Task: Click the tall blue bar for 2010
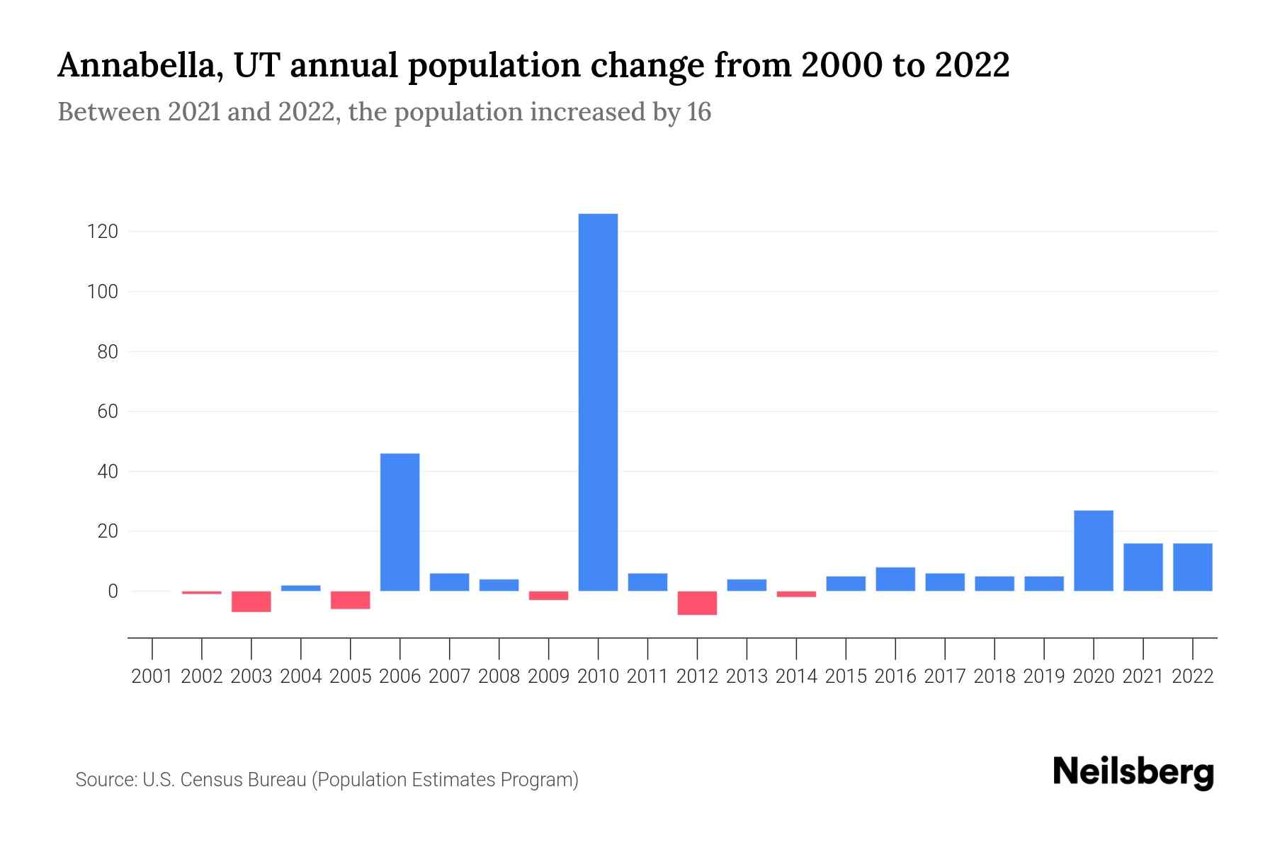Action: (598, 402)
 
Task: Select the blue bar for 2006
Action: (399, 522)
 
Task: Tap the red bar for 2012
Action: (697, 603)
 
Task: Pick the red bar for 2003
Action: (251, 601)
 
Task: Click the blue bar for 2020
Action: (1093, 550)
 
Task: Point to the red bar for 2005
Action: (350, 600)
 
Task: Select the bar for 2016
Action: (895, 579)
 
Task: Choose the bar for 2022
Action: (1192, 567)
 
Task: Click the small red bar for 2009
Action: (548, 596)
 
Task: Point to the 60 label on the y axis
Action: (107, 412)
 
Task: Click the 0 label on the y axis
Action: (112, 591)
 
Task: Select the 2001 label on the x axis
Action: (152, 676)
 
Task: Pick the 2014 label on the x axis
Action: (796, 676)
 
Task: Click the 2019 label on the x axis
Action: (1044, 676)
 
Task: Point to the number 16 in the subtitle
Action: (698, 112)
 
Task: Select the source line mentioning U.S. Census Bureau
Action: (327, 780)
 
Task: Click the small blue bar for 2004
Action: (300, 588)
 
